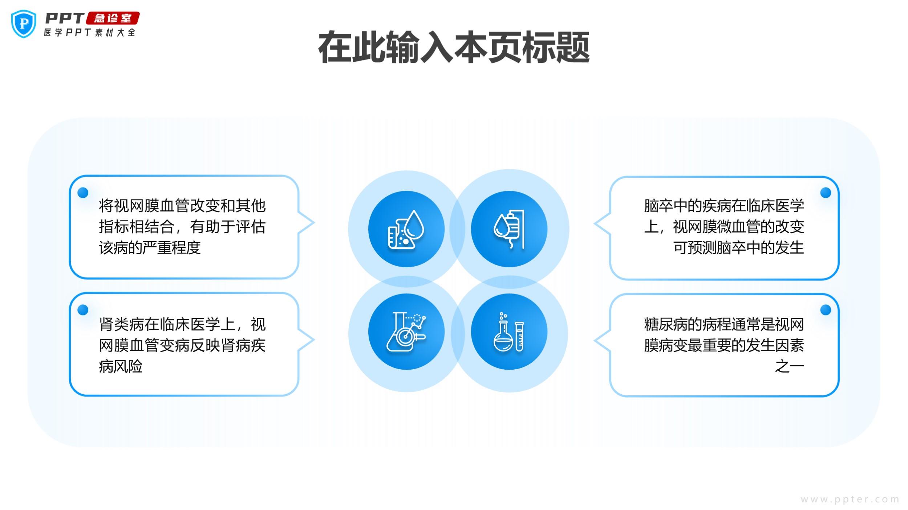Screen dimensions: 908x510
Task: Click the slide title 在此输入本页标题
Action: tap(454, 48)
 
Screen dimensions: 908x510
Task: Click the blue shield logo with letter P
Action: tap(24, 24)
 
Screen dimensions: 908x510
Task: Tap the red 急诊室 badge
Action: tap(113, 18)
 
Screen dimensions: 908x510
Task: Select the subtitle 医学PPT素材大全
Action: tap(90, 32)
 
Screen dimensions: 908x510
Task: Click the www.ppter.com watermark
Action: tap(850, 499)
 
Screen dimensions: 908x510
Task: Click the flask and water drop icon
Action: tap(406, 229)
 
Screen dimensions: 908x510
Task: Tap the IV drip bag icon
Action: tap(509, 229)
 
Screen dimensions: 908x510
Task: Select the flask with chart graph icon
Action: tap(406, 332)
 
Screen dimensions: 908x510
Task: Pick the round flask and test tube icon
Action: tap(509, 332)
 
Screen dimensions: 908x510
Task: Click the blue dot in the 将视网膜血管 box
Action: tap(83, 193)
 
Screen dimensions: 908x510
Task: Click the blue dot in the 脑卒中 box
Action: tap(826, 193)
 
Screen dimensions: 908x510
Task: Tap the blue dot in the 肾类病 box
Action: tap(83, 310)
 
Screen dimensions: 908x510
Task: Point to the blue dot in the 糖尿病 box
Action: tap(826, 310)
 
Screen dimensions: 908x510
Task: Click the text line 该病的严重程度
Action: tap(150, 248)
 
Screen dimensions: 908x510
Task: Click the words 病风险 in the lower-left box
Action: tap(121, 366)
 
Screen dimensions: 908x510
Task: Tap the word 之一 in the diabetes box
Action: tap(789, 366)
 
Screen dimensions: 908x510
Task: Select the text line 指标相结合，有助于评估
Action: tap(182, 227)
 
